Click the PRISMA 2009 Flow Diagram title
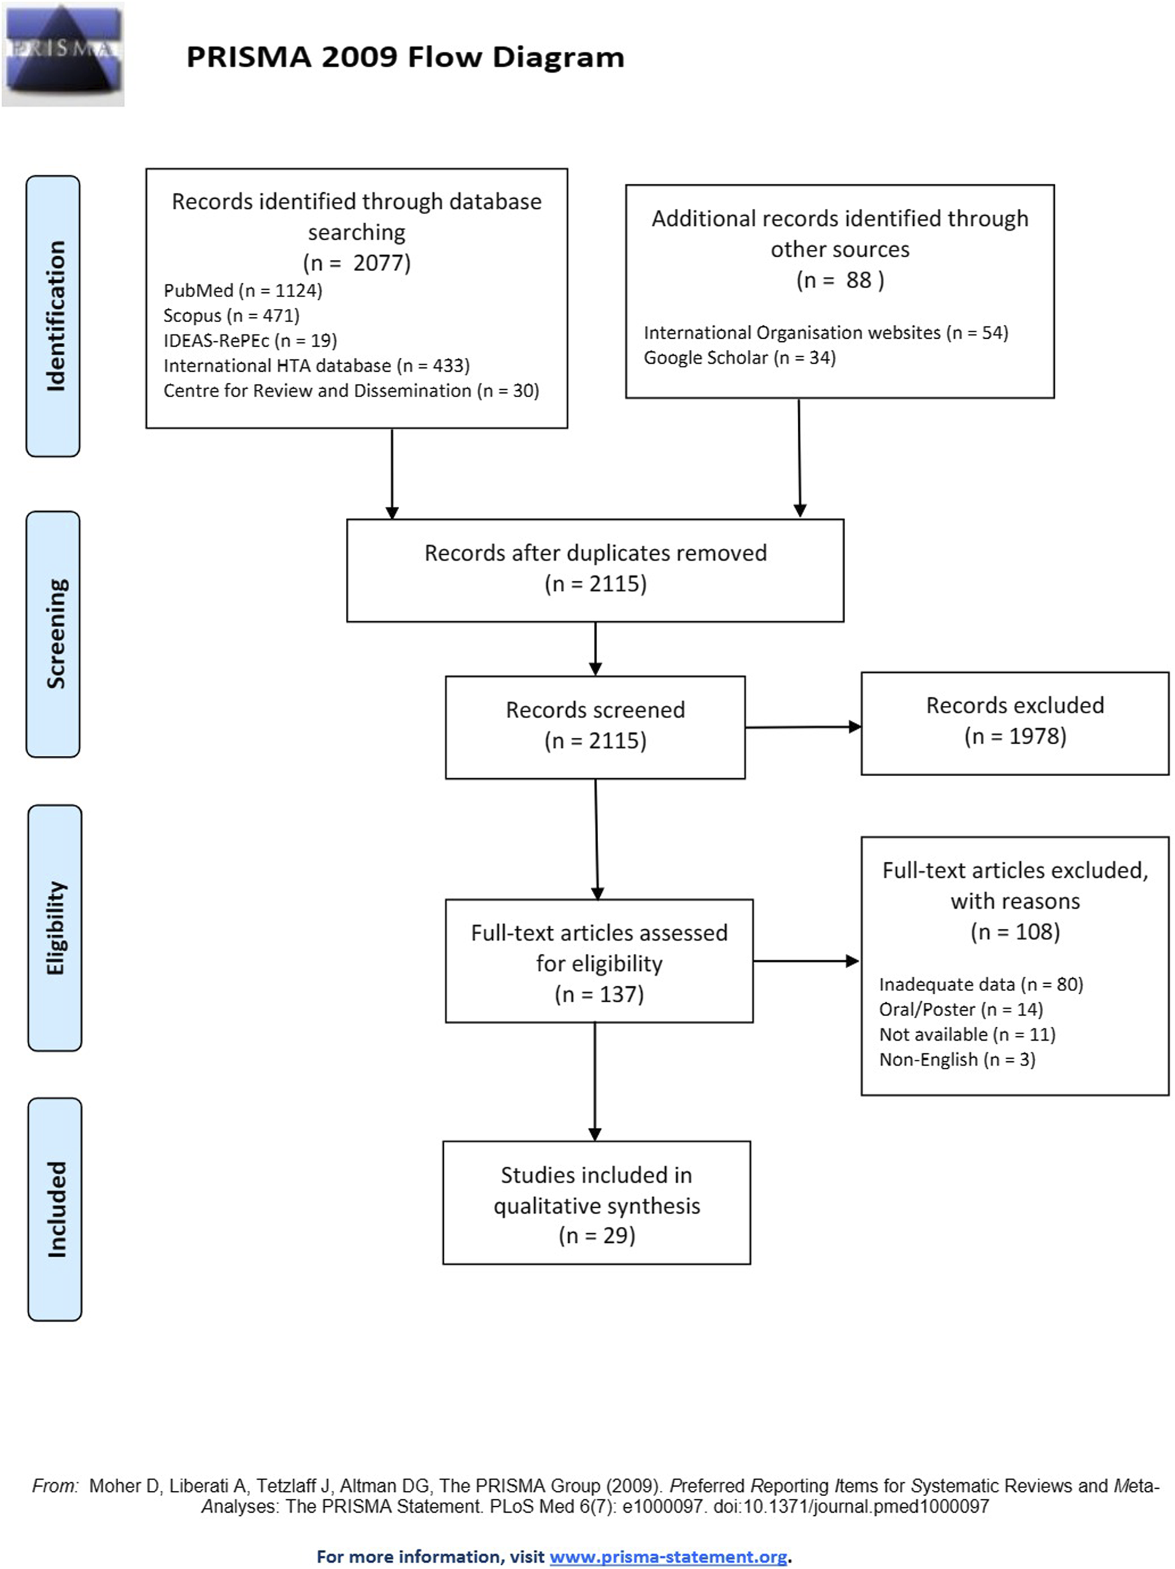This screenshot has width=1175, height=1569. (405, 57)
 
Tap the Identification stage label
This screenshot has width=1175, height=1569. (53, 316)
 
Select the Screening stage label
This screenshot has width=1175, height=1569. (53, 634)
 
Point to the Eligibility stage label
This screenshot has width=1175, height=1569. (54, 928)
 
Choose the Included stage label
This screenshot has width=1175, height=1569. (54, 1209)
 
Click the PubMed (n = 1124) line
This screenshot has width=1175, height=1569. (243, 291)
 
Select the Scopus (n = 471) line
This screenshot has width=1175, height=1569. (231, 316)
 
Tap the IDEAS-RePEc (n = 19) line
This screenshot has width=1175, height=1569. (250, 341)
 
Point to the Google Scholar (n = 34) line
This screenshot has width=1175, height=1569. (739, 357)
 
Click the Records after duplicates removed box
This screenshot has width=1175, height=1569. (595, 570)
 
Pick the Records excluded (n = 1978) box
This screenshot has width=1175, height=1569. (1015, 723)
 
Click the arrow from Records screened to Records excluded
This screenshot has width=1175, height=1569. (803, 726)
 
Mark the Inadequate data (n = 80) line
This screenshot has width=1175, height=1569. (981, 984)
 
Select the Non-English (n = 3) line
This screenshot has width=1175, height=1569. (957, 1060)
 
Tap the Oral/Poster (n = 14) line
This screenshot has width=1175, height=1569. (961, 1010)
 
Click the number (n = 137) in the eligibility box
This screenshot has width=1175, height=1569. (599, 994)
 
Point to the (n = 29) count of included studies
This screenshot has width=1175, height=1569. (597, 1235)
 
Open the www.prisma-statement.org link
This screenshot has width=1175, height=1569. (668, 1556)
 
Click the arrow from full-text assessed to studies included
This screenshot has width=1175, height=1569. (595, 1081)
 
